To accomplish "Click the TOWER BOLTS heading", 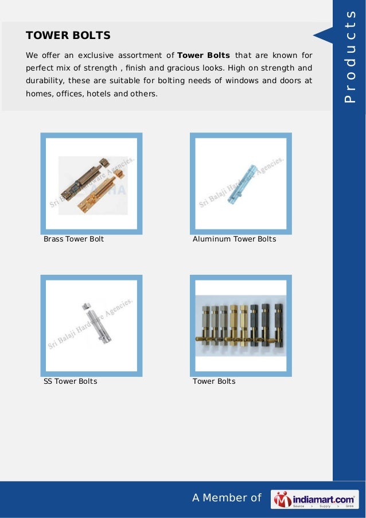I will [68, 36].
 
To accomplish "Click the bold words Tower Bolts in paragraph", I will [204, 56].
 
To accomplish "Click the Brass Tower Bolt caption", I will [73, 239].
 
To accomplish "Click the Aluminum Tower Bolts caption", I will [234, 239].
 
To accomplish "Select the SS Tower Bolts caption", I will [70, 381].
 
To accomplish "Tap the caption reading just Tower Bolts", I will [214, 381].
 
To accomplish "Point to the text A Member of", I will [227, 498].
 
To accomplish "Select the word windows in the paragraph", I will [241, 81].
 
